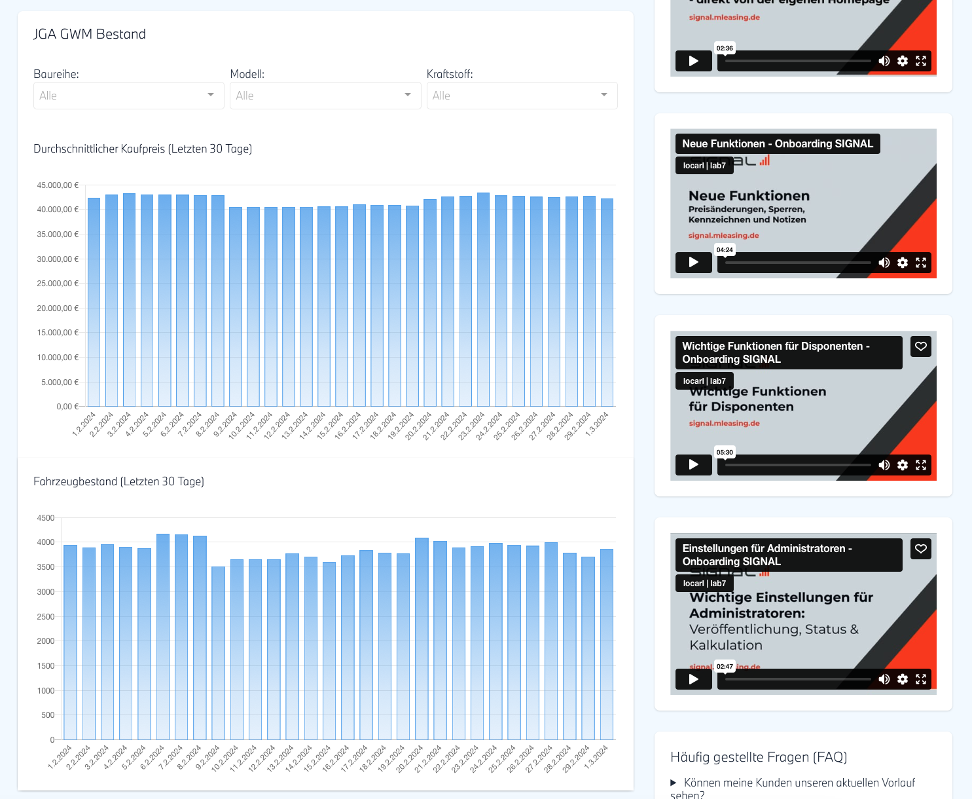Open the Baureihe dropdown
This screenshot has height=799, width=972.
pos(128,96)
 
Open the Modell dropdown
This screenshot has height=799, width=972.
pos(325,96)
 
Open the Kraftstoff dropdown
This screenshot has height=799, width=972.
pos(522,96)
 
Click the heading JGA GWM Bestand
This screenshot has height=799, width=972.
pos(90,34)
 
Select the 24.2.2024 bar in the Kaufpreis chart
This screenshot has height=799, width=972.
pos(483,301)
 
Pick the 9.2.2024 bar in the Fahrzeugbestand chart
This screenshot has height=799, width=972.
pos(218,655)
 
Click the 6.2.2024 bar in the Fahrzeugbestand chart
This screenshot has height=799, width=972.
pos(163,639)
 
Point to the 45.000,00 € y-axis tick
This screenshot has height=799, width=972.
pos(58,185)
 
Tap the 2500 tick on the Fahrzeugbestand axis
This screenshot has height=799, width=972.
pos(46,617)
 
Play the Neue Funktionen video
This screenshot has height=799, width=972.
pos(693,263)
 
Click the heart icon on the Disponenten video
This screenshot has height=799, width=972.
pos(921,346)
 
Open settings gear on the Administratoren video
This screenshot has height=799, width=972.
pos(903,679)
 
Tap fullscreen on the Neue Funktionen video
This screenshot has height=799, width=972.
pos(921,263)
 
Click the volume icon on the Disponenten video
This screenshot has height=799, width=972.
pos(884,465)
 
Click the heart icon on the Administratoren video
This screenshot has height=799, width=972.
pos(921,549)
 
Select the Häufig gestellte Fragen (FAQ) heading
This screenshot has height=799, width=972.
pos(759,757)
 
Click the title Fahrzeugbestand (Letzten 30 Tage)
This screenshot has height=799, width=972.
pos(118,481)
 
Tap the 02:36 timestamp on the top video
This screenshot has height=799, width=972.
pos(725,48)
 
